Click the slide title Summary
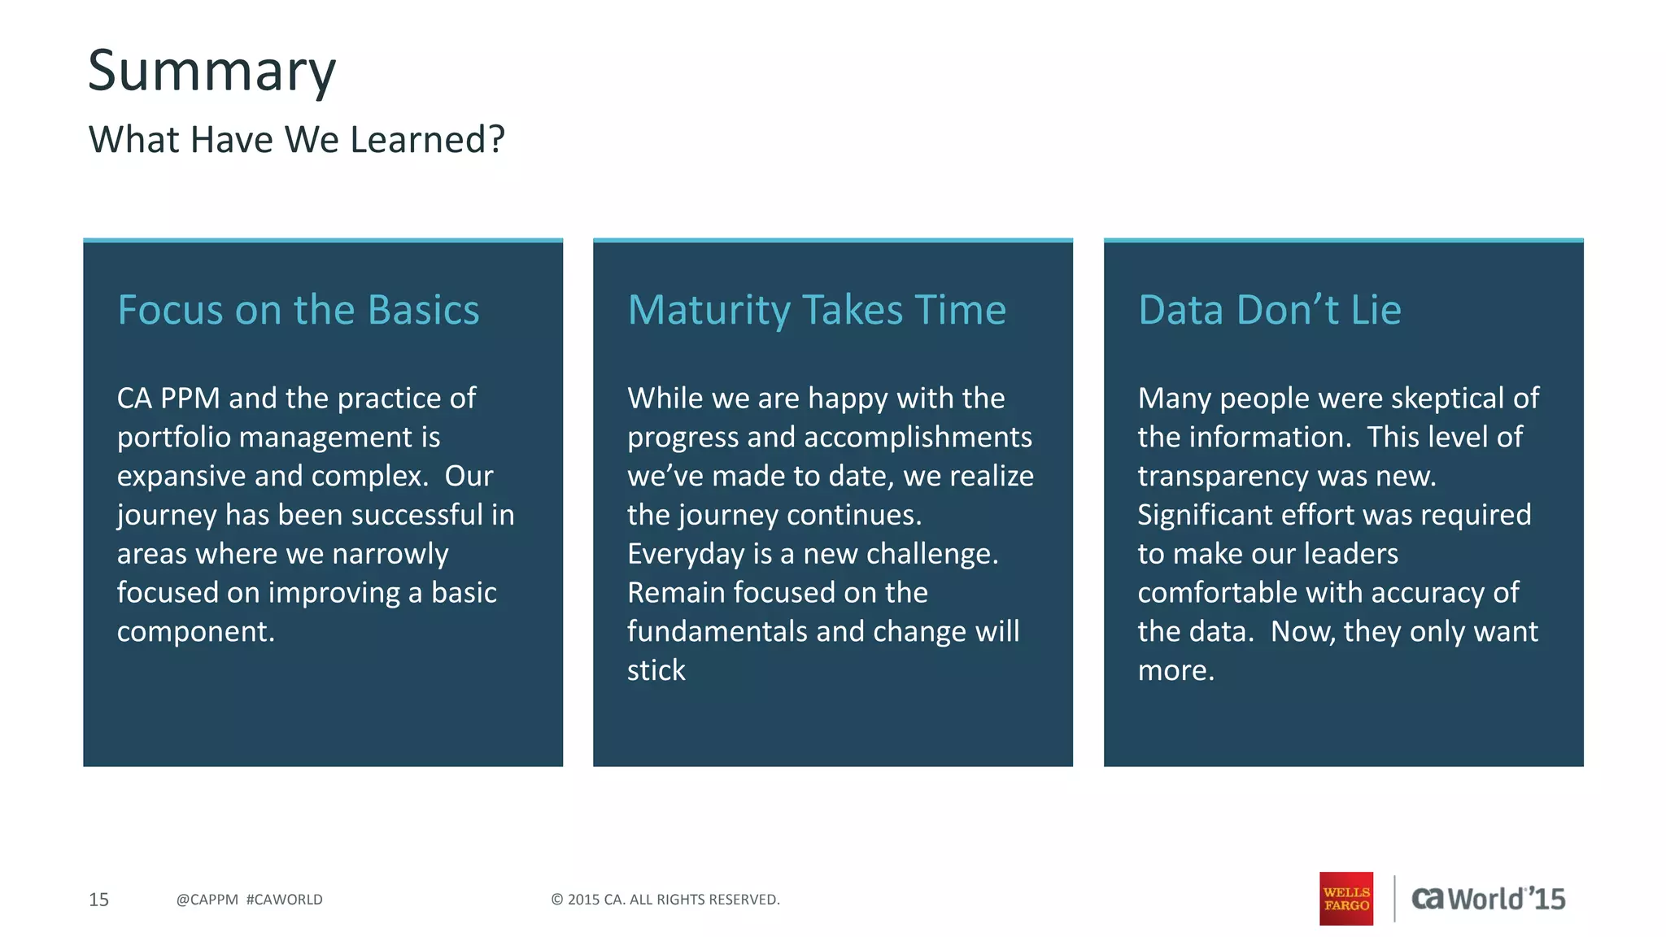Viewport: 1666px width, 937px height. click(x=212, y=72)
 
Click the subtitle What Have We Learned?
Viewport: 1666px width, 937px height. click(x=296, y=140)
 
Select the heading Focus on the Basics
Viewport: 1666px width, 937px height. click(x=299, y=310)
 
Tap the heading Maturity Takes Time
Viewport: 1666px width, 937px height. click(x=817, y=310)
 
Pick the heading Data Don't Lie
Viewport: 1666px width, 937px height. click(x=1269, y=310)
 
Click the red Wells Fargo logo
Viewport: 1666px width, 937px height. click(x=1346, y=899)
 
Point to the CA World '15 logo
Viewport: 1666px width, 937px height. click(x=1488, y=899)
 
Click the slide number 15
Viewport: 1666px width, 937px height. click(x=98, y=900)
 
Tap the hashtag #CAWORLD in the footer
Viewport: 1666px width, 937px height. click(x=284, y=900)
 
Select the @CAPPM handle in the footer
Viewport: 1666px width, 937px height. click(x=207, y=900)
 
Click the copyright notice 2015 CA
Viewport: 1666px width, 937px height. click(x=665, y=900)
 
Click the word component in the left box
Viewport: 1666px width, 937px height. click(x=195, y=632)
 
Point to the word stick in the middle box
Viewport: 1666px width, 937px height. click(x=656, y=671)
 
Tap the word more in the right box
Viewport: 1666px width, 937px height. click(x=1175, y=671)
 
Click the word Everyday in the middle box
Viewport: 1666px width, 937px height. click(x=685, y=555)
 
